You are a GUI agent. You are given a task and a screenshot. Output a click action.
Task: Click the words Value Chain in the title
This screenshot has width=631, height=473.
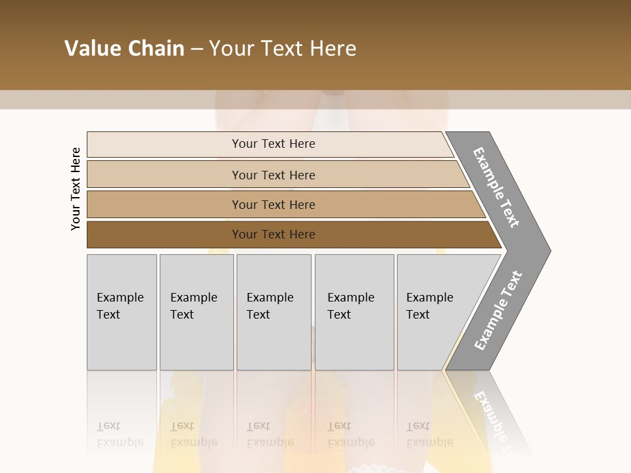pyautogui.click(x=124, y=49)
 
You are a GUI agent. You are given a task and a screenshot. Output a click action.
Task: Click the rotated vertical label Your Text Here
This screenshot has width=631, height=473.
pyautogui.click(x=76, y=189)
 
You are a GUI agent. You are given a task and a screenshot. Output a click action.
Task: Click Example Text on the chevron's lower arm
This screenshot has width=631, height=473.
pyautogui.click(x=498, y=311)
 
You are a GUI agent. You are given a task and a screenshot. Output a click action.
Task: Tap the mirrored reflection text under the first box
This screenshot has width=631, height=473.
pyautogui.click(x=120, y=434)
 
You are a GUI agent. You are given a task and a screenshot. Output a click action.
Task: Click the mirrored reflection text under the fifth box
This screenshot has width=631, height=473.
pyautogui.click(x=430, y=434)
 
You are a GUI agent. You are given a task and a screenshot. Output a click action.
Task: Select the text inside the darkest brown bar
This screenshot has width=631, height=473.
pyautogui.click(x=273, y=235)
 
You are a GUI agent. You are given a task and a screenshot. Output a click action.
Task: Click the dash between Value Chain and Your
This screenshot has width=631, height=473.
pyautogui.click(x=197, y=49)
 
